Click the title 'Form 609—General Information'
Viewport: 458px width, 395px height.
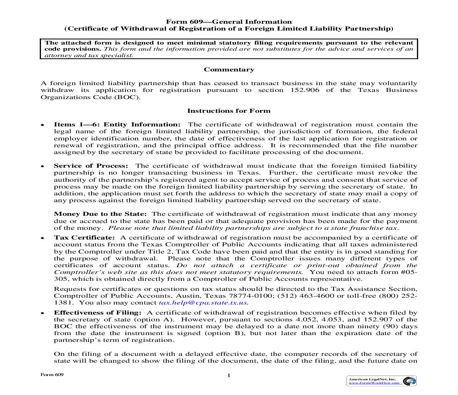[x=229, y=22]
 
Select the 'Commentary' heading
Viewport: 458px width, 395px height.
[x=229, y=70]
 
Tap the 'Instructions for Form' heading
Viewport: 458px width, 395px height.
[x=229, y=111]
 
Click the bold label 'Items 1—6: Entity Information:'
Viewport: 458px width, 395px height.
[x=117, y=125]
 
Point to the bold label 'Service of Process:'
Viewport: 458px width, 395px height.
[x=91, y=166]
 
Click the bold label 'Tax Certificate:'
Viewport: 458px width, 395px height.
[x=84, y=238]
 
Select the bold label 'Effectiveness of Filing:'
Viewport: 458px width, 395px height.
[x=98, y=313]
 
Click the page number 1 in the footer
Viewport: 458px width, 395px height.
[x=228, y=376]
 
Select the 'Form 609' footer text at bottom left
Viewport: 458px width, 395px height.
[x=52, y=375]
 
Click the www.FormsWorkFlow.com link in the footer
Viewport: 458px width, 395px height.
[x=374, y=383]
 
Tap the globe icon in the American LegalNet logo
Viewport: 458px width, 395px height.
[x=408, y=381]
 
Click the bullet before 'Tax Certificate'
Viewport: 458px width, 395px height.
[x=42, y=238]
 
